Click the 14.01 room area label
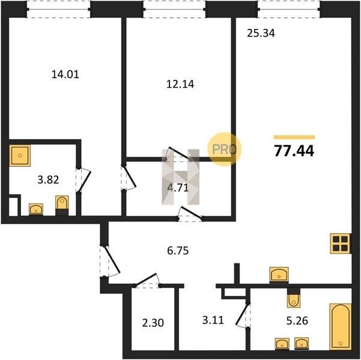click(x=65, y=74)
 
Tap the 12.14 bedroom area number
click(x=180, y=84)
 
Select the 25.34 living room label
click(x=261, y=33)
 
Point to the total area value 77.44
click(x=294, y=151)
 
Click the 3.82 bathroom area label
click(x=48, y=179)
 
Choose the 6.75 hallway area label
click(x=178, y=251)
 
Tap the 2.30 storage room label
click(x=153, y=323)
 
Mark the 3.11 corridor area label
click(x=213, y=320)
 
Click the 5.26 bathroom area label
click(x=297, y=320)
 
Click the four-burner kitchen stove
click(x=341, y=244)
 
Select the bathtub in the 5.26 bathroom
click(x=341, y=326)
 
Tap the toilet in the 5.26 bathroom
click(x=294, y=298)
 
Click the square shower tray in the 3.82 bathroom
click(x=20, y=155)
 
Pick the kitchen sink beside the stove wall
click(x=279, y=275)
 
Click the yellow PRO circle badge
click(x=225, y=149)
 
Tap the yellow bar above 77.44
click(x=294, y=137)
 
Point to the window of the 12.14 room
click(x=175, y=10)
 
